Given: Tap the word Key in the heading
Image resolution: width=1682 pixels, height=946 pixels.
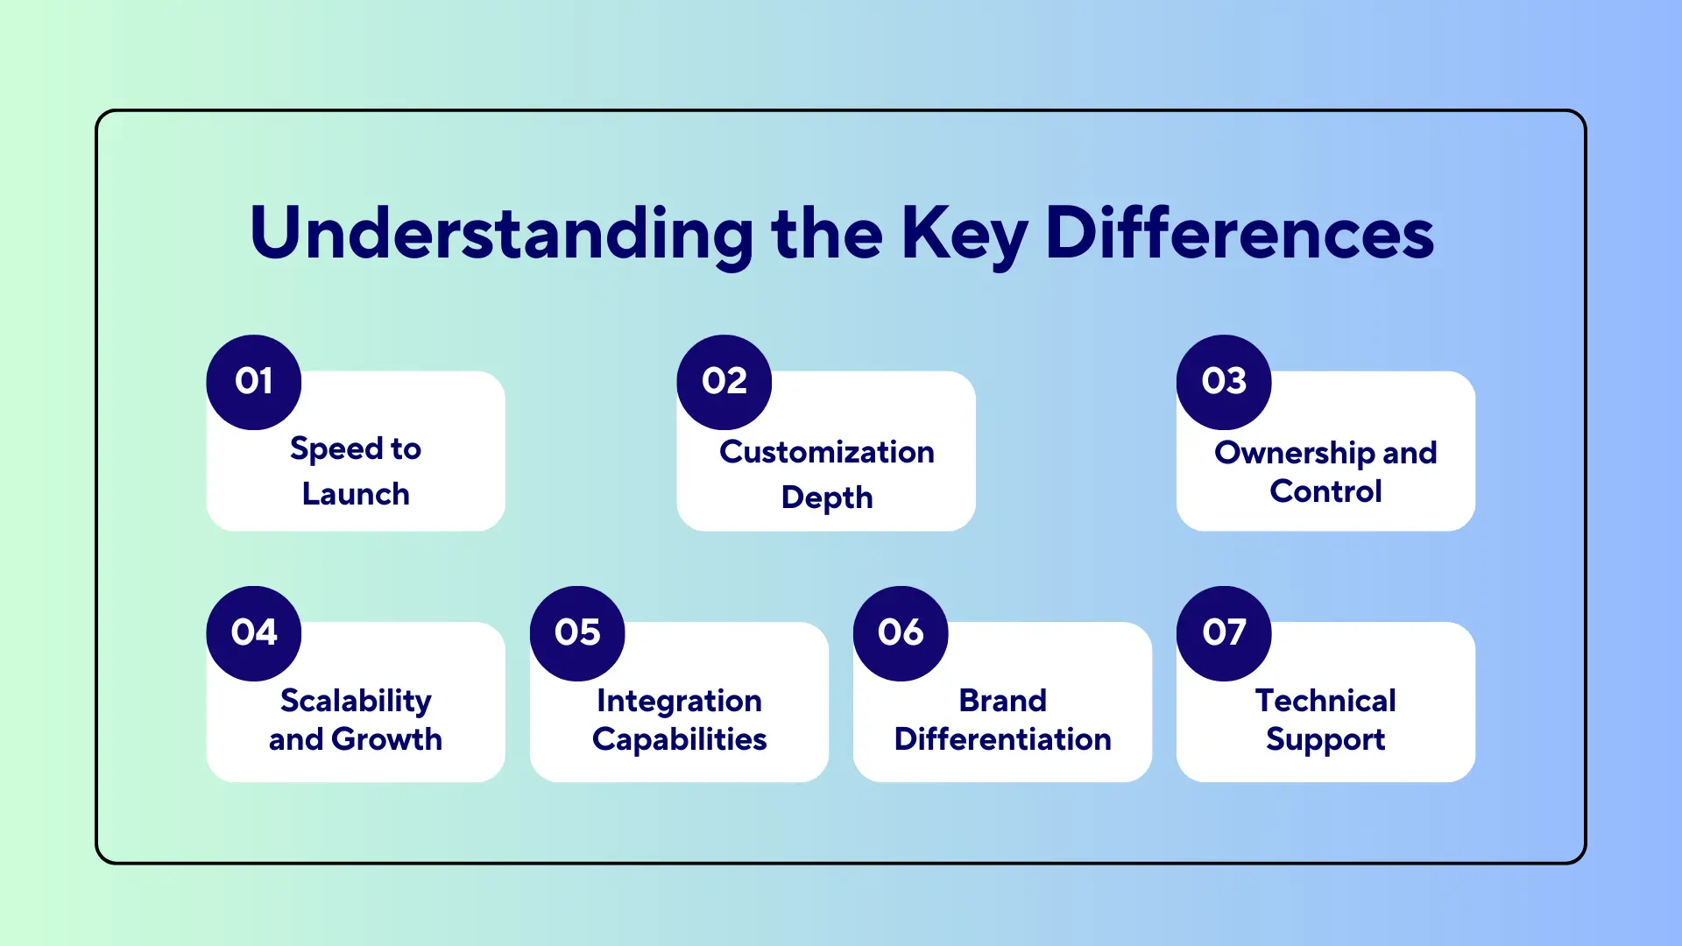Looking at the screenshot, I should [x=964, y=233].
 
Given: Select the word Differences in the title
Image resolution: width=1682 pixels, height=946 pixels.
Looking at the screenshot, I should [x=1240, y=233].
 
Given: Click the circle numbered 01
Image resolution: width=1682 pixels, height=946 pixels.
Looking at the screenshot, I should [x=254, y=382].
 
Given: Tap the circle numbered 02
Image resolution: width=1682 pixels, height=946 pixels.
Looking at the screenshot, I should [x=724, y=382].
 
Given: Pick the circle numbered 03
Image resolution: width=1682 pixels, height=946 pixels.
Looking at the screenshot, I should [x=1224, y=382].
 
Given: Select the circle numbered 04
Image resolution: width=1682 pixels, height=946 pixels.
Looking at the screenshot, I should [x=254, y=633].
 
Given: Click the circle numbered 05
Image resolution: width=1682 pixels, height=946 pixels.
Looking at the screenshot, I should [x=577, y=633].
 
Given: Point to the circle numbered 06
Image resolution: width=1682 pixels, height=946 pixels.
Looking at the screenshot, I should [x=901, y=633].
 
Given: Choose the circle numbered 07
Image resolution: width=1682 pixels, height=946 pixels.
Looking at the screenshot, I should [x=1224, y=633].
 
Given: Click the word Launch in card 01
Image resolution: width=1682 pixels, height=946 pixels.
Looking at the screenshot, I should [x=356, y=494].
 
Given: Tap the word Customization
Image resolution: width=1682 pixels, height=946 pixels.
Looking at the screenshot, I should [x=827, y=452].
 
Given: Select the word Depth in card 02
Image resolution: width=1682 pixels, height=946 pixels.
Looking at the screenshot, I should [x=827, y=498].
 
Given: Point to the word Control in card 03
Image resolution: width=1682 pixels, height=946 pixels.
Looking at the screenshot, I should [x=1325, y=491].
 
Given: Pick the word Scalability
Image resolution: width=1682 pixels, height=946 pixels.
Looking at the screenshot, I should [x=356, y=701].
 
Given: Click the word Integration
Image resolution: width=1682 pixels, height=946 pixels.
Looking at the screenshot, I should [x=679, y=701].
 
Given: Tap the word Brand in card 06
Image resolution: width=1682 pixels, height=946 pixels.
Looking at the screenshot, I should [x=1002, y=701].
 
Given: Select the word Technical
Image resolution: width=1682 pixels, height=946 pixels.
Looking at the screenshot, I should [x=1325, y=701].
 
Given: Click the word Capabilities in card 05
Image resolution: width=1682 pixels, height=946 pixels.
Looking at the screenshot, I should [x=679, y=739].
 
